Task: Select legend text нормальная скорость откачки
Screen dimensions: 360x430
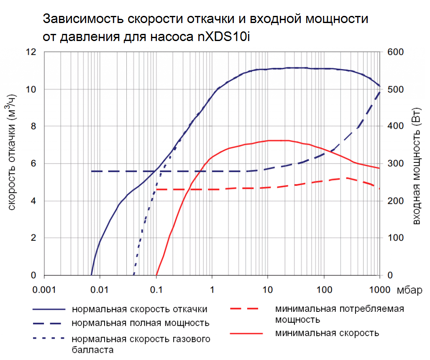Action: click(140, 309)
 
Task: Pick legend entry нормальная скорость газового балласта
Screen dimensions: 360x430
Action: click(141, 343)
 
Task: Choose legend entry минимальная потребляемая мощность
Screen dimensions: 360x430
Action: click(340, 314)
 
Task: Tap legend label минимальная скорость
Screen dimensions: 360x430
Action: click(327, 333)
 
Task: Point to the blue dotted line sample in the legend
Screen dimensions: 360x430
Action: click(49, 337)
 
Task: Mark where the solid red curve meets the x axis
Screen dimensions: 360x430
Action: click(156, 275)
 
